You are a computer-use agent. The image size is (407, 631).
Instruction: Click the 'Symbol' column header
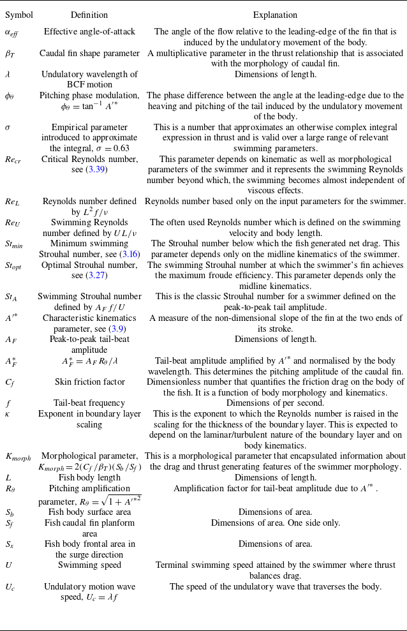point(18,15)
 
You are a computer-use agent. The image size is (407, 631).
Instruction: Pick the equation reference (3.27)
point(96,275)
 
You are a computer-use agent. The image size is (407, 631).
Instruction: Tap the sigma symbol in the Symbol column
point(8,127)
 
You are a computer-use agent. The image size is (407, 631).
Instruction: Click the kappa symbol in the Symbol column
point(8,414)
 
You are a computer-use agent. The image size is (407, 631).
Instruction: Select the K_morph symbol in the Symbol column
point(18,456)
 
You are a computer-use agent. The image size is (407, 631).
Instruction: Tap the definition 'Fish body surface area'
point(89,512)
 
